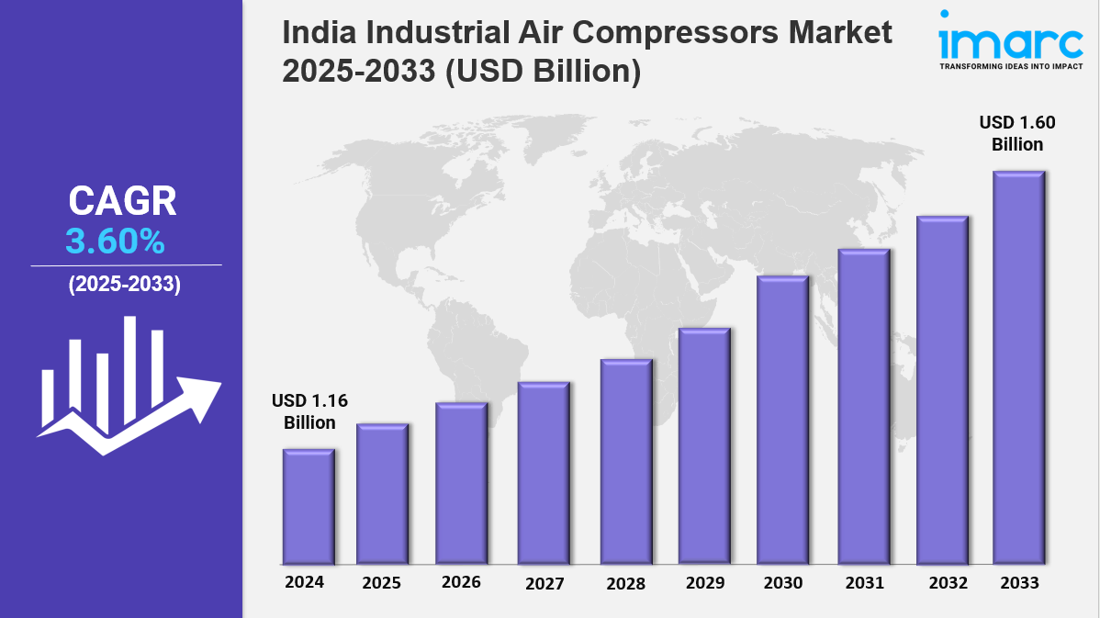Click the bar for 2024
(x=309, y=506)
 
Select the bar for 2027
(x=544, y=473)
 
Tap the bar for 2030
(x=782, y=420)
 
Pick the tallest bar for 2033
(x=1019, y=367)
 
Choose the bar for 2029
(x=704, y=445)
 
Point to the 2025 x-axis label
(x=381, y=583)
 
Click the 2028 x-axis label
(x=625, y=583)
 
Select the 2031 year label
(x=864, y=583)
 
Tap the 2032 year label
(x=943, y=583)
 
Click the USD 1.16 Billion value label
(x=309, y=411)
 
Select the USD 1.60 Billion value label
(x=1016, y=133)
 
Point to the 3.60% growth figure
(x=115, y=242)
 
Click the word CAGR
(x=123, y=201)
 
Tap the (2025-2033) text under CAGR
(x=124, y=285)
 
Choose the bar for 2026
(x=461, y=483)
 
